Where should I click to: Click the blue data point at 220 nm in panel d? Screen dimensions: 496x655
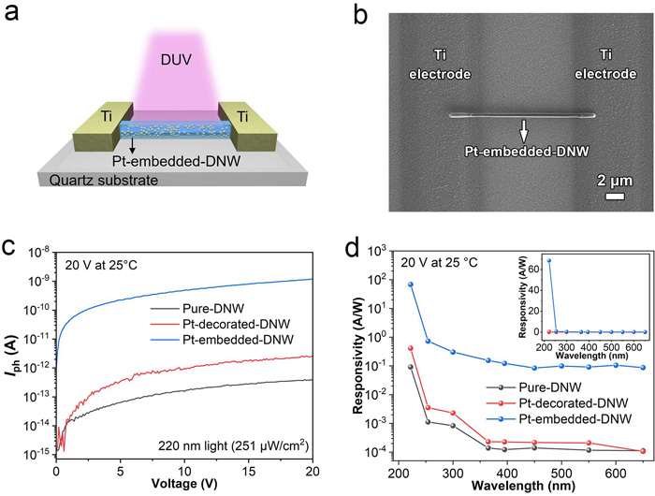(410, 284)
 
